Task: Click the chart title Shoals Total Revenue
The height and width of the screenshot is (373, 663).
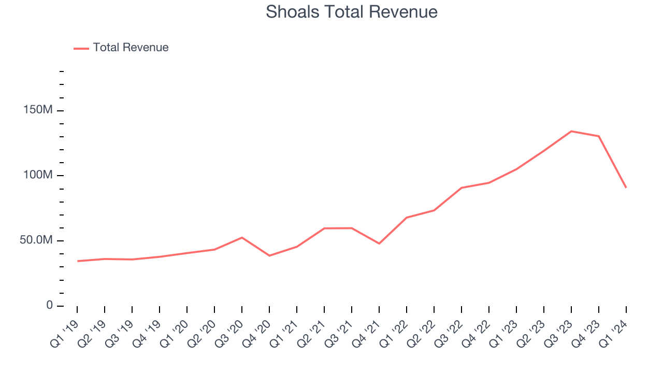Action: [352, 12]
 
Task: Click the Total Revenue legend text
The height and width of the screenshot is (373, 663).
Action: [131, 48]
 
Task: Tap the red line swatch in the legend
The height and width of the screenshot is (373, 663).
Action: [81, 48]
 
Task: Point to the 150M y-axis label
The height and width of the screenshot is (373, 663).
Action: [38, 110]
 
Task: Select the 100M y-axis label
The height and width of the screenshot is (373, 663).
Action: [38, 175]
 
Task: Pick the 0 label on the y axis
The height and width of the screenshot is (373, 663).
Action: [49, 305]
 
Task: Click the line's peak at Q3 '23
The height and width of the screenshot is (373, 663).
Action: [571, 131]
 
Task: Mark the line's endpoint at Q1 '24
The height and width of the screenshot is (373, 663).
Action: [626, 187]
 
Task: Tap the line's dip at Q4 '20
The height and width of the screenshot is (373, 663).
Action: [269, 255]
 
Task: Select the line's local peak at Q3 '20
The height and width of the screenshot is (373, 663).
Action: [242, 237]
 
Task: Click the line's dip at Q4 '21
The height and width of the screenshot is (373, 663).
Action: [379, 243]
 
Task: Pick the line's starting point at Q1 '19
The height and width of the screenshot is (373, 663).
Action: [78, 261]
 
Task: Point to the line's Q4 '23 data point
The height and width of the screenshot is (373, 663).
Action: [599, 136]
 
